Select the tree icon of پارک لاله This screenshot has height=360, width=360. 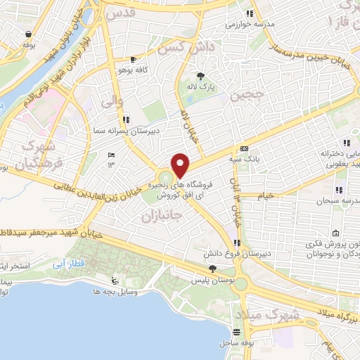pos(201,76)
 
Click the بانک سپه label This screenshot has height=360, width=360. pos(244,160)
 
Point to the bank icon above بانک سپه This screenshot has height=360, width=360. pos(244,149)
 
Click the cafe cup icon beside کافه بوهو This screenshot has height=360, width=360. pos(134,60)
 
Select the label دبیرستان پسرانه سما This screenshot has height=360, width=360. pos(108,131)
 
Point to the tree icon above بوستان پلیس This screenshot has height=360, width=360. pos(213,269)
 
